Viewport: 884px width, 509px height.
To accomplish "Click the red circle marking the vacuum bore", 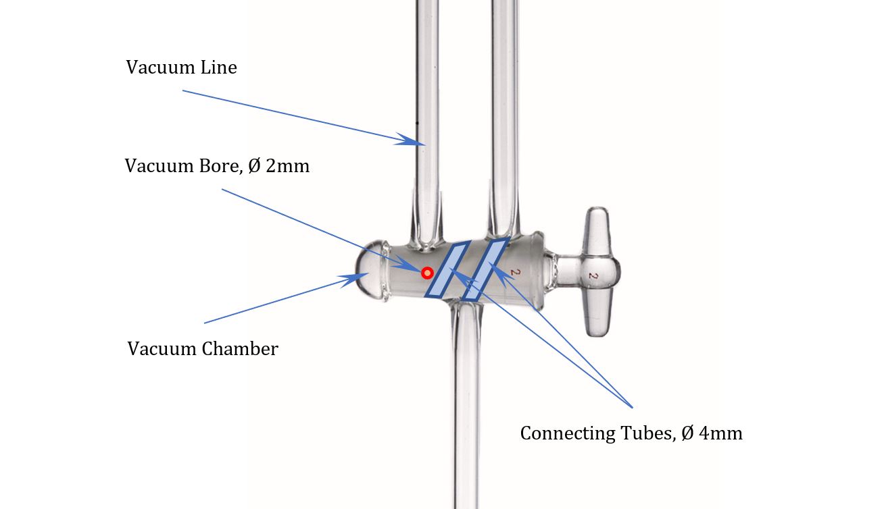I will (427, 273).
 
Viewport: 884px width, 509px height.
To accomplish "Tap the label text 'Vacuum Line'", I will (181, 68).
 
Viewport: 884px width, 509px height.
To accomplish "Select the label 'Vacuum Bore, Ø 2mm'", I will (217, 165).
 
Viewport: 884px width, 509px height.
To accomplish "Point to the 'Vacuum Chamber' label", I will (203, 348).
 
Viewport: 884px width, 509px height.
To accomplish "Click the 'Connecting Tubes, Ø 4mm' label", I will (631, 433).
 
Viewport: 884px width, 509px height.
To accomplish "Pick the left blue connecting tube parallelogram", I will (447, 269).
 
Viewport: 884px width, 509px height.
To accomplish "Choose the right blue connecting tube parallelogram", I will (485, 269).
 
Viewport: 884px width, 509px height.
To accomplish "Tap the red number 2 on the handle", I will (593, 275).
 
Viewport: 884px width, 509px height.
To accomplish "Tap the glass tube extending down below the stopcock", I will (466, 405).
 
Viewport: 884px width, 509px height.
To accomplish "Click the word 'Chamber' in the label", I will (240, 348).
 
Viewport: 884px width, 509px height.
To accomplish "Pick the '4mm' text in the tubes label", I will (721, 433).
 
